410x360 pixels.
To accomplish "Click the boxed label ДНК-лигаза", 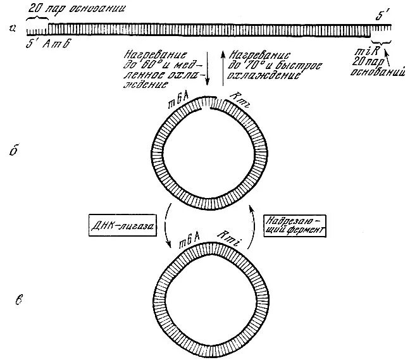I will click(124, 224).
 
